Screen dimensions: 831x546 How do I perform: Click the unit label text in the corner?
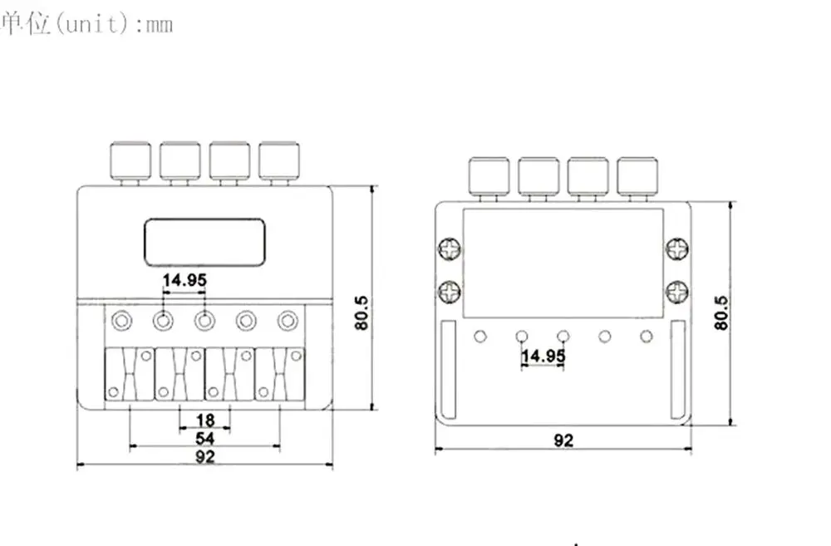(87, 24)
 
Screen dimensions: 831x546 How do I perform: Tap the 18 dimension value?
(205, 421)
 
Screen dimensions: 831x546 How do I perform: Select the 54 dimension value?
(205, 439)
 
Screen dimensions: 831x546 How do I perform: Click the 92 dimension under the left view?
(205, 456)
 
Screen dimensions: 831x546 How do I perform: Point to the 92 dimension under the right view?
(563, 440)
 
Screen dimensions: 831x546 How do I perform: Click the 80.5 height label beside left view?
(361, 312)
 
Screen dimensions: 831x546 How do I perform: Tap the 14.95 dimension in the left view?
(184, 280)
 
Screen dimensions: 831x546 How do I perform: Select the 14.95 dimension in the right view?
(543, 355)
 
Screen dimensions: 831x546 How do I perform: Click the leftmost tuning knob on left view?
(130, 160)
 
